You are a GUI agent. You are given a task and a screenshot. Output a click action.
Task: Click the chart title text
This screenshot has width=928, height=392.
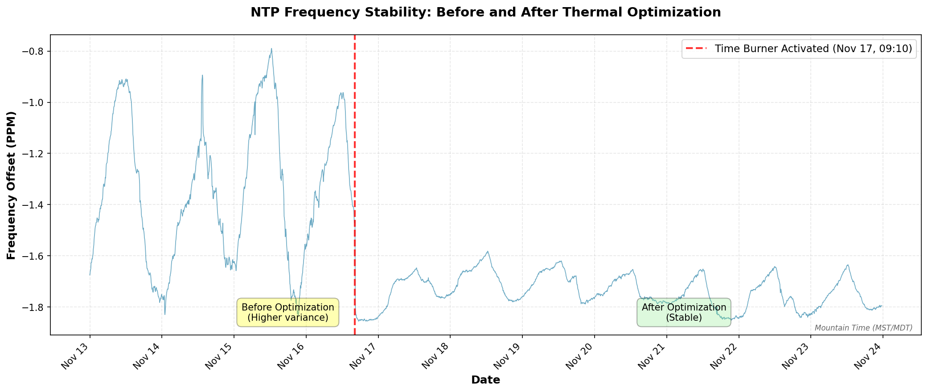pos(485,12)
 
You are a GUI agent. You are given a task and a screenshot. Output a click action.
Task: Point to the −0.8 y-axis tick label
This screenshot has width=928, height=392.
pos(34,52)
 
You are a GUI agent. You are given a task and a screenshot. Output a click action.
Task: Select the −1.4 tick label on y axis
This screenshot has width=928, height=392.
pos(34,205)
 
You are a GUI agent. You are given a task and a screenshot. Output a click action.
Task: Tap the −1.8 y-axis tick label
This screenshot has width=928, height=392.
pos(34,307)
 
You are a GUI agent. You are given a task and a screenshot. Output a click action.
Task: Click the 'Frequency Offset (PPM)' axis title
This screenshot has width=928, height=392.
pos(11,185)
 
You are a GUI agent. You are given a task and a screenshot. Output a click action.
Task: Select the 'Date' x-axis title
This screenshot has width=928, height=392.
pos(485,380)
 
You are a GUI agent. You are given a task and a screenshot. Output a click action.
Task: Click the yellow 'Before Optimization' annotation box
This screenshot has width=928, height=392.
pos(287,312)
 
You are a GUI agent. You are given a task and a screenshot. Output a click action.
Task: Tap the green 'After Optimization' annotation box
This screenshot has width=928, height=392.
pos(684,312)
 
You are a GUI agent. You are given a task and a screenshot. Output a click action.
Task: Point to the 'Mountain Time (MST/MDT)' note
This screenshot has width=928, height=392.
pos(863,328)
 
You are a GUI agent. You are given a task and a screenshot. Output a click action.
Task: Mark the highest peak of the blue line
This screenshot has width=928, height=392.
pos(271,49)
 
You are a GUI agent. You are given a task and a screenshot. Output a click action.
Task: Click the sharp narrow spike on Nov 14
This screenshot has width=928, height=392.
pos(202,76)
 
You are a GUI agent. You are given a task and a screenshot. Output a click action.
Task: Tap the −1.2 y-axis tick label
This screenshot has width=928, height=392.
pos(34,154)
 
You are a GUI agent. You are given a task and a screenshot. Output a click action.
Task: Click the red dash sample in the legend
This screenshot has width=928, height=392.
pos(698,49)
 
